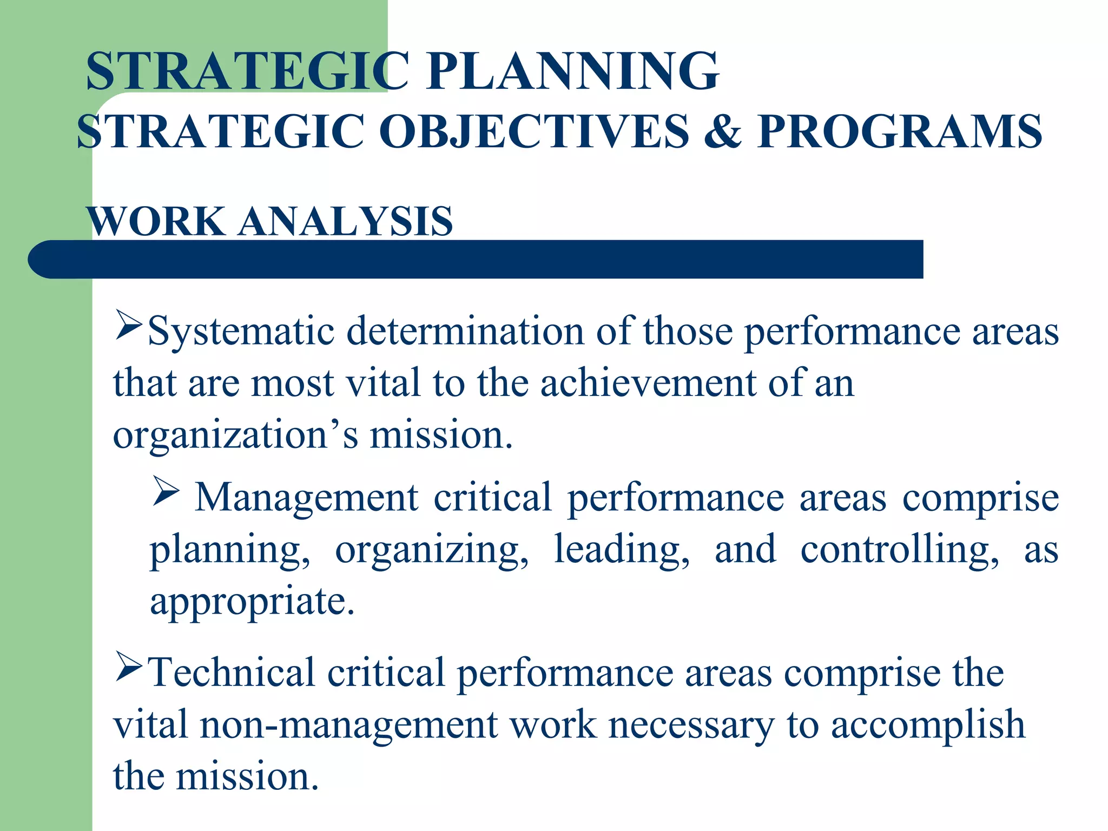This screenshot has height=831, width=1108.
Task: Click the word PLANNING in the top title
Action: point(572,71)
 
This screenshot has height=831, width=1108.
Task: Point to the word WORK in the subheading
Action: point(157,221)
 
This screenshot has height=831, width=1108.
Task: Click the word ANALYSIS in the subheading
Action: point(346,221)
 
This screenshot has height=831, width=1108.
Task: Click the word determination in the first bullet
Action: point(465,331)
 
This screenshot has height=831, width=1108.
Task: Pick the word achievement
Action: point(648,382)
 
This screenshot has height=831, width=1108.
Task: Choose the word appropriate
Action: point(252,602)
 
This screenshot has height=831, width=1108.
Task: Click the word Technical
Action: point(231,672)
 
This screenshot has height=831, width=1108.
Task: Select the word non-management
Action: point(348,725)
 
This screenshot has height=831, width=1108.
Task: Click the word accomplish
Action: point(928,725)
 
